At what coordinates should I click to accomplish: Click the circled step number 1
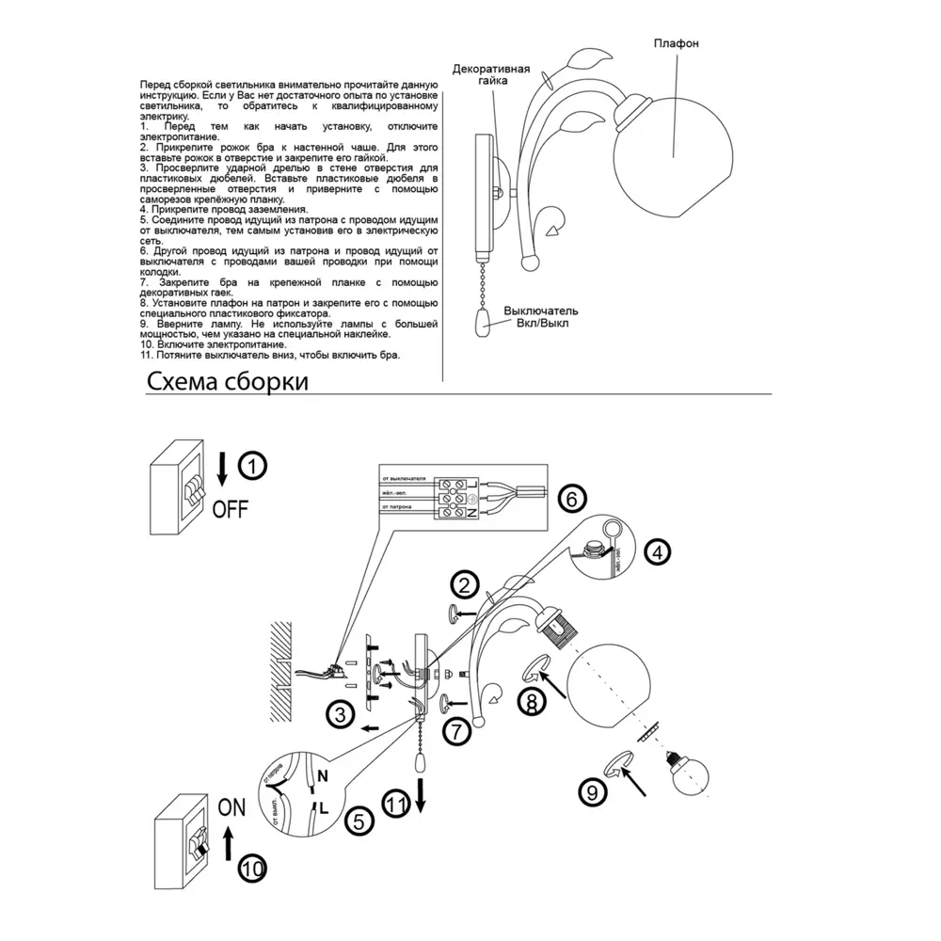click(x=251, y=464)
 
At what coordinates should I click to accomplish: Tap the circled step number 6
click(x=571, y=498)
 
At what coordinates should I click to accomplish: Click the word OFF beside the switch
click(x=230, y=509)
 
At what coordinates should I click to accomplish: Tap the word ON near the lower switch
click(x=231, y=805)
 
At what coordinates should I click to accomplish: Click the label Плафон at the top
click(x=678, y=44)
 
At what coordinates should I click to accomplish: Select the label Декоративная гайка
click(x=491, y=75)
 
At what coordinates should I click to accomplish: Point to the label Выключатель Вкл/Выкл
click(x=541, y=317)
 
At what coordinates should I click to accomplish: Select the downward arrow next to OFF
click(x=223, y=468)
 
